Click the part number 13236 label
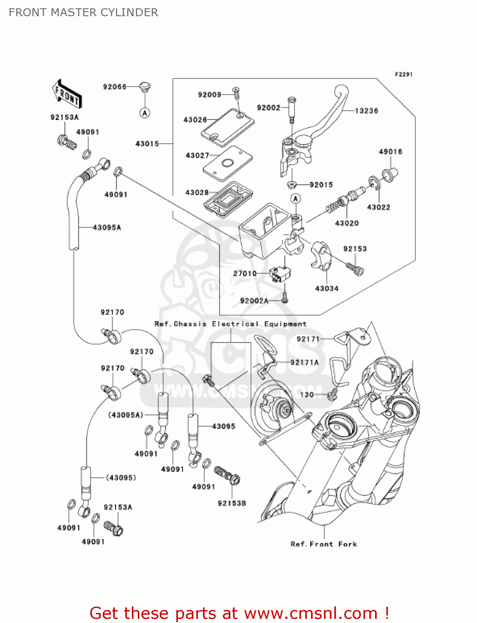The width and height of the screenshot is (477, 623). point(366,111)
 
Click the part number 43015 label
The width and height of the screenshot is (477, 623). point(147,144)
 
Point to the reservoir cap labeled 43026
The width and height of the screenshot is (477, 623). point(227,127)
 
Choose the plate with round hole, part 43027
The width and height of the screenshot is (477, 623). point(227,163)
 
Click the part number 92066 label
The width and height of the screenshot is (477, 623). point(114,87)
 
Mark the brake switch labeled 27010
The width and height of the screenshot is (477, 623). point(279,274)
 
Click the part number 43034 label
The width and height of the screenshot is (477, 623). point(326,288)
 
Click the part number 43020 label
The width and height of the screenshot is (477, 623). point(346,223)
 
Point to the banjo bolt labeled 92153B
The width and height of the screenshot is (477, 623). point(227,475)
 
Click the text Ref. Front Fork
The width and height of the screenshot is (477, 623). point(324,544)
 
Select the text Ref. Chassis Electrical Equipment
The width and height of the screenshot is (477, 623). point(230,324)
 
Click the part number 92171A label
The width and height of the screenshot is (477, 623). point(304,363)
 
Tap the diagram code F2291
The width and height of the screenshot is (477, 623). point(403,74)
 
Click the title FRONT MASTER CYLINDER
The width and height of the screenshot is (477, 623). point(83,12)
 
